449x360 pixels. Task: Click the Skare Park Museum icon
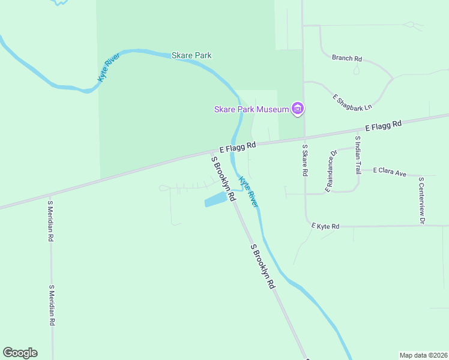click(297, 109)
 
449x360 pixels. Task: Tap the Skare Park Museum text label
click(252, 109)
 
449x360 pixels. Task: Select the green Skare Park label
click(191, 55)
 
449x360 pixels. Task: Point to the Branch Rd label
click(347, 58)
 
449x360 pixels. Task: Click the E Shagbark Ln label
click(352, 101)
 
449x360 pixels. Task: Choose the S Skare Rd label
click(305, 160)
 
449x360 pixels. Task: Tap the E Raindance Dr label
click(332, 171)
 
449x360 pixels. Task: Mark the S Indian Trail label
click(358, 155)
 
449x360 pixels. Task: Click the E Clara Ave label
click(390, 172)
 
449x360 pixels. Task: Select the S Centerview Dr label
click(422, 200)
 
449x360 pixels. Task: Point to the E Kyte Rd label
click(325, 226)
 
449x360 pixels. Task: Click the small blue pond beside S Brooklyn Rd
click(217, 200)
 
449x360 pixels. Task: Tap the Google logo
click(20, 353)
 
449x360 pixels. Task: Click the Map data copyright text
click(423, 355)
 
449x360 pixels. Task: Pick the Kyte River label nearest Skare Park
click(109, 67)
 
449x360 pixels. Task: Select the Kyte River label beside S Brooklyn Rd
click(249, 192)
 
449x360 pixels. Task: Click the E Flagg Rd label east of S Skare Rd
click(384, 125)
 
